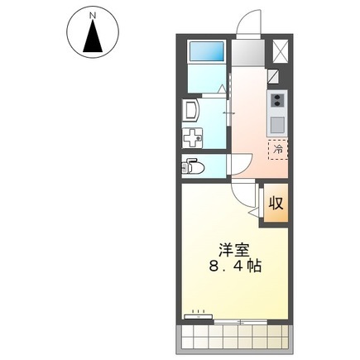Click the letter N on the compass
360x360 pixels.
(93, 16)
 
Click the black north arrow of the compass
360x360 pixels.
(93, 36)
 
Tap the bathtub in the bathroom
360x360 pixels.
(206, 51)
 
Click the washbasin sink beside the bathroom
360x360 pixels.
(191, 110)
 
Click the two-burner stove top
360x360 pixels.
(276, 100)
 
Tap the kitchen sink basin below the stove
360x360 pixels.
(277, 125)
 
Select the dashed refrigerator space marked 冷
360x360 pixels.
(278, 150)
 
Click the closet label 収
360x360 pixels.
(276, 204)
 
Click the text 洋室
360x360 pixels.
(234, 250)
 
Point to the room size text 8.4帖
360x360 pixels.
(235, 266)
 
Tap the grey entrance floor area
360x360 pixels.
(248, 53)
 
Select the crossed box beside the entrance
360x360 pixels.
(280, 51)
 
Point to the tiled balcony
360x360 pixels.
(234, 338)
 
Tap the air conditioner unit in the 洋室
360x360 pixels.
(199, 316)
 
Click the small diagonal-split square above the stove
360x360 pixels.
(273, 76)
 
